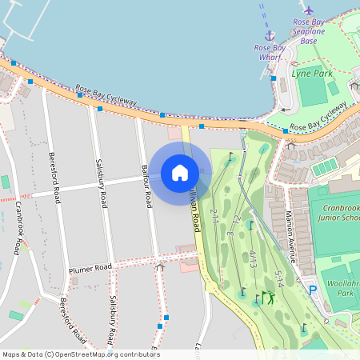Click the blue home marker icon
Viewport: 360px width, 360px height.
[x=180, y=173]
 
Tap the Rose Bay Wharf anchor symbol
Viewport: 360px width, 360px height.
[x=270, y=36]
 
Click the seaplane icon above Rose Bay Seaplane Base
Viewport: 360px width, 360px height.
[x=309, y=10]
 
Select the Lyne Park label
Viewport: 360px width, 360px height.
[x=311, y=73]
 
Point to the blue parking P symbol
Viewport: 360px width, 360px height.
[x=313, y=290]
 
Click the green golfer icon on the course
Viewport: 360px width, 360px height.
[x=268, y=298]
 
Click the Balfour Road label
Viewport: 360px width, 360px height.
[x=146, y=186]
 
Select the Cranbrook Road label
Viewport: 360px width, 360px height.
[x=17, y=228]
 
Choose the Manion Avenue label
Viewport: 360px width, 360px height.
[x=291, y=237]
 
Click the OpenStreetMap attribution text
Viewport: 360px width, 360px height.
[x=81, y=354]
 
